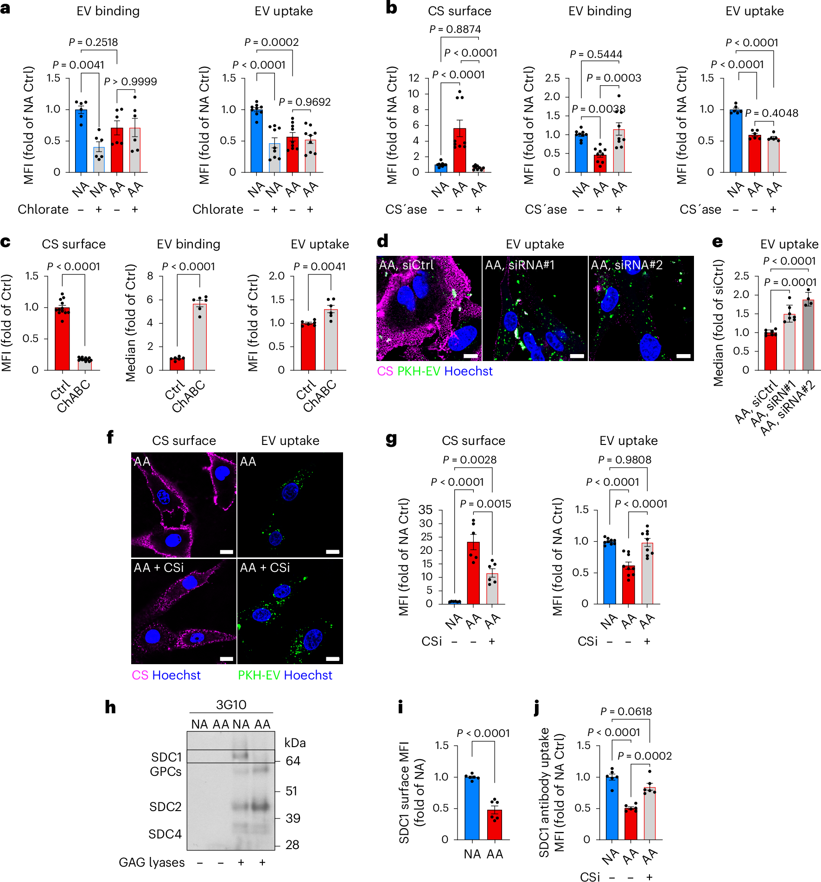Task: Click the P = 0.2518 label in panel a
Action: pyautogui.click(x=93, y=42)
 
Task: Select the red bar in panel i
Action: pyautogui.click(x=494, y=825)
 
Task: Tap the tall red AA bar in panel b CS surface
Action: pyautogui.click(x=459, y=151)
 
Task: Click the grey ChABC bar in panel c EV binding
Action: pyautogui.click(x=200, y=337)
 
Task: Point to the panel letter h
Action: pyautogui.click(x=110, y=708)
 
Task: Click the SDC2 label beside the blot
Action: pyautogui.click(x=165, y=807)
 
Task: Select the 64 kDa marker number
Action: pyautogui.click(x=293, y=761)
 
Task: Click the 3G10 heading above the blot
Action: pyautogui.click(x=231, y=705)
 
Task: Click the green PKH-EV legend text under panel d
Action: pyautogui.click(x=419, y=371)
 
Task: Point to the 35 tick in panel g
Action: pyautogui.click(x=426, y=510)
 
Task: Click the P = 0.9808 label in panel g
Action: pyautogui.click(x=624, y=460)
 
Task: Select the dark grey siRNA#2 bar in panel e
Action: pyautogui.click(x=808, y=335)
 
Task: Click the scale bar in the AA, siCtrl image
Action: pyautogui.click(x=471, y=356)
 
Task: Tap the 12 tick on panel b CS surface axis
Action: pyautogui.click(x=414, y=78)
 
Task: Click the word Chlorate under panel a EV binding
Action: pyautogui.click(x=43, y=209)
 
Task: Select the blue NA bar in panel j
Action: pyautogui.click(x=612, y=808)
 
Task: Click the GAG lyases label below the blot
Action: pyautogui.click(x=152, y=863)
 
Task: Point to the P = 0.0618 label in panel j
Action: pyautogui.click(x=626, y=711)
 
